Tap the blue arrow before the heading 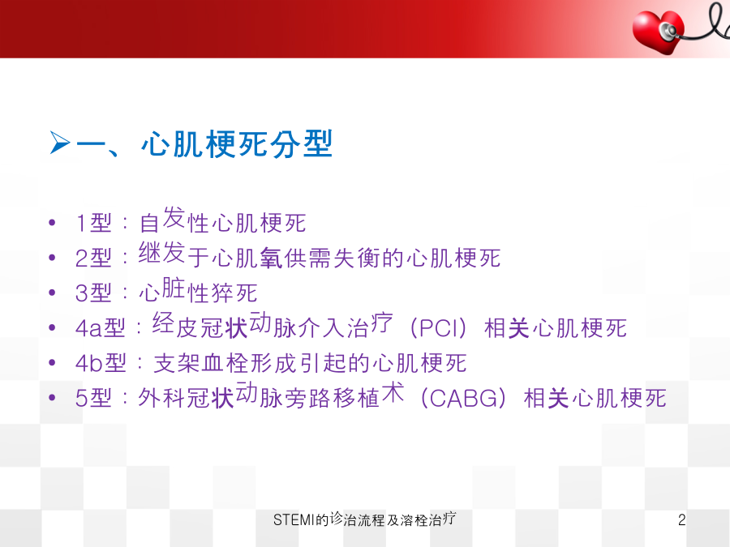point(60,143)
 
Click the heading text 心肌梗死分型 point(237,143)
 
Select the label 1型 point(93,223)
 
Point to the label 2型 point(93,258)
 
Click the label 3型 point(93,293)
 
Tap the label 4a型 point(101,328)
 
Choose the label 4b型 point(101,363)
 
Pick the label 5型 point(93,398)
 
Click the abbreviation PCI point(438,328)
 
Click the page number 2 point(681,519)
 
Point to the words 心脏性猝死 point(198,291)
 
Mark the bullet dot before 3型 point(52,293)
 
